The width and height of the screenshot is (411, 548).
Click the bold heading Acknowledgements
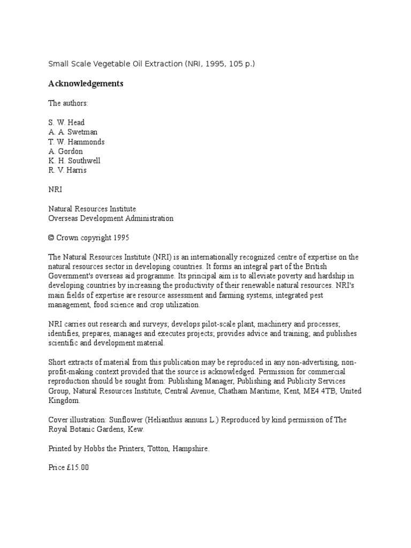point(86,83)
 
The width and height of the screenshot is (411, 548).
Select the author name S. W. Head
point(66,123)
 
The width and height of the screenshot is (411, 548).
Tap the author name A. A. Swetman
point(73,132)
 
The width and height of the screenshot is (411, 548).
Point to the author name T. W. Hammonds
point(77,142)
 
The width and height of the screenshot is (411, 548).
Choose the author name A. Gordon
point(66,151)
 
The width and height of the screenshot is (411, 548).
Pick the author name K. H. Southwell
point(74,161)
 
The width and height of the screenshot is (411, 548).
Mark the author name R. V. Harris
point(67,171)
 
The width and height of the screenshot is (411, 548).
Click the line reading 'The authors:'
point(68,103)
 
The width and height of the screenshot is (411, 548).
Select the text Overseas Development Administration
point(111,218)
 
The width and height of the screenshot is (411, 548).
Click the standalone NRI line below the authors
point(56,189)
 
